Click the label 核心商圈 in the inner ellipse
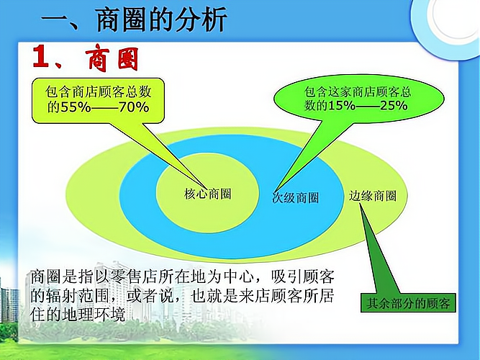[x=207, y=194]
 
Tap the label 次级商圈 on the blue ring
[x=295, y=197]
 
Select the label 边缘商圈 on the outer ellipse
[x=373, y=196]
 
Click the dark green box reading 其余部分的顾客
[x=408, y=302]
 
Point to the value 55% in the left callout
[x=76, y=107]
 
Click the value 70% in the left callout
[x=134, y=107]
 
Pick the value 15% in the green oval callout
[x=342, y=105]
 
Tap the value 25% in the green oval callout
[x=394, y=105]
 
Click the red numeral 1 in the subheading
[x=41, y=56]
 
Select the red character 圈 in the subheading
[x=128, y=59]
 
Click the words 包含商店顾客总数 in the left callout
[x=99, y=91]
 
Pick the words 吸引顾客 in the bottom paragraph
[x=303, y=277]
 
